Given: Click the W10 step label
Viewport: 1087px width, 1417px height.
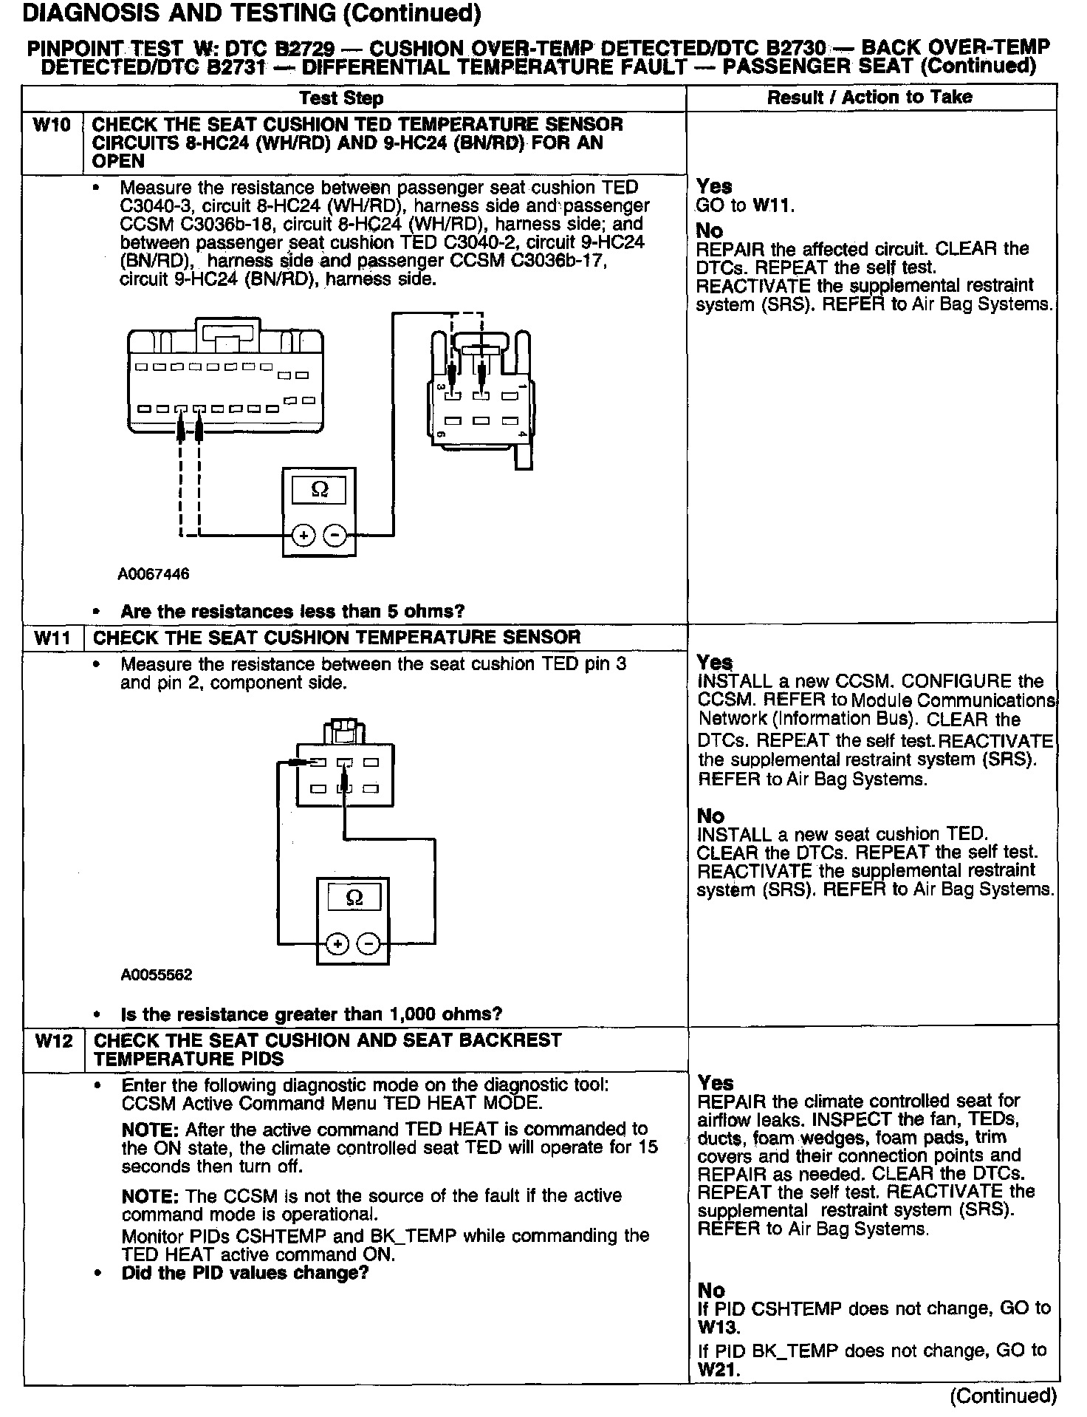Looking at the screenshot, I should [52, 125].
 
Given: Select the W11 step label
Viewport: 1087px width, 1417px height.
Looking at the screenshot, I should [53, 638].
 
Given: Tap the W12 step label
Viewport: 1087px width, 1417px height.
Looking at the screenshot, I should [54, 1041].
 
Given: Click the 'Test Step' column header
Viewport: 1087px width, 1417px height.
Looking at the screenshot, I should [341, 98].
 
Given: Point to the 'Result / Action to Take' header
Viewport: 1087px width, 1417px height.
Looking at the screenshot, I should [869, 98].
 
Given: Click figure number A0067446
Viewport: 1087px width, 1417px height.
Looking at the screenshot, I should [153, 574].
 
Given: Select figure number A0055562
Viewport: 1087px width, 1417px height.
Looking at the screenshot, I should [157, 975].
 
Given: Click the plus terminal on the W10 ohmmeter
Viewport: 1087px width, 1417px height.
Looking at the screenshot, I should [303, 535].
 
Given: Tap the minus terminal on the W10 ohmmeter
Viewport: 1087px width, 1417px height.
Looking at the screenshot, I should [335, 535].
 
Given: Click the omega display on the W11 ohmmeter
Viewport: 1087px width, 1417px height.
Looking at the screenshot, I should [354, 898].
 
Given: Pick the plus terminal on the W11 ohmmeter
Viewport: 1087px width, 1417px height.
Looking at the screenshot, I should [337, 944].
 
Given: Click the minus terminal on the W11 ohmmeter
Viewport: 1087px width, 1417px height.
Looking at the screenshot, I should [368, 944].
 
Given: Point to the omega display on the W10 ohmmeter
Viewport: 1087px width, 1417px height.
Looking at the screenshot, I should [319, 489].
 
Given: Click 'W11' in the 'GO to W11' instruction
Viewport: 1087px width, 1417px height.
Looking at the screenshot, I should [772, 206].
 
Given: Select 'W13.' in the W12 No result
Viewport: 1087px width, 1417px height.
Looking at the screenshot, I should [718, 1328].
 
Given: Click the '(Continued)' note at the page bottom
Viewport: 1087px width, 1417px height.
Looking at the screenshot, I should [1004, 1396].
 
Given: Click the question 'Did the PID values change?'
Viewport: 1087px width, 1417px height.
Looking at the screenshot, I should [244, 1273].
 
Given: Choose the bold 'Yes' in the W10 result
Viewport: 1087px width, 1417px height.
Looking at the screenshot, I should [714, 186].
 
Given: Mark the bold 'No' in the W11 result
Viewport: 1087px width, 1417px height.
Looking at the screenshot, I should [710, 816].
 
